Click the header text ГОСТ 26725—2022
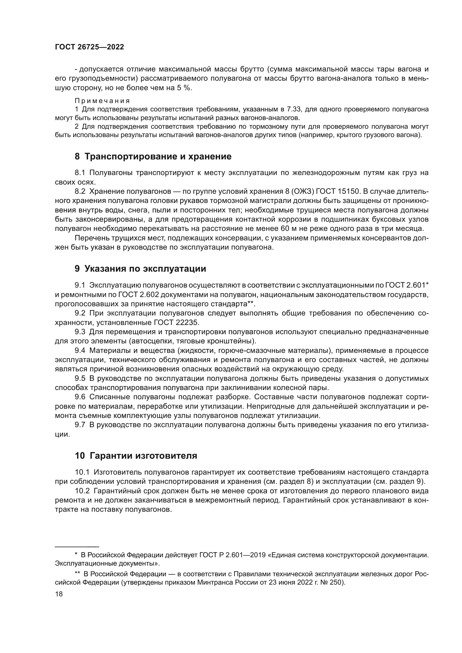click(x=89, y=47)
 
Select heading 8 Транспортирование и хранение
click(x=153, y=156)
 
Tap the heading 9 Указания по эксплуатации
click(x=140, y=269)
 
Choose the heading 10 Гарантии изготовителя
click(x=136, y=456)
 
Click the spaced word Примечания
click(x=102, y=101)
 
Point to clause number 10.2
click(x=82, y=491)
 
